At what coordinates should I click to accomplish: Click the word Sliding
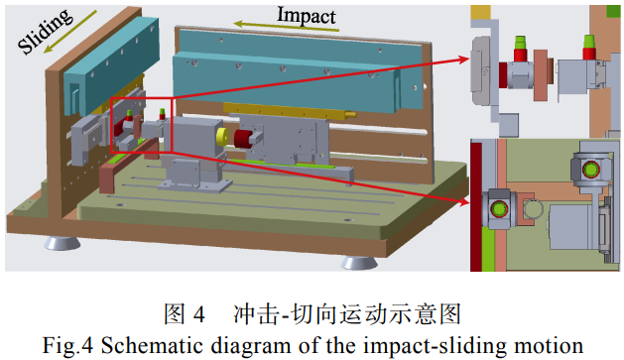tap(46, 31)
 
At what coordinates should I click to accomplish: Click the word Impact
tap(306, 16)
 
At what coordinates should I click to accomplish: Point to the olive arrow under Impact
tap(286, 26)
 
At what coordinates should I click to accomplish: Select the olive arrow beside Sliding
tap(70, 32)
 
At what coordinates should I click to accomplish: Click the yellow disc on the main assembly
tap(222, 137)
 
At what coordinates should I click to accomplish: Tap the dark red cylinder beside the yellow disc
tap(244, 139)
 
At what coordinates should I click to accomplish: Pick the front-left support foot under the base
tap(62, 243)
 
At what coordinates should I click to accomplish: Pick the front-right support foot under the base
tap(359, 263)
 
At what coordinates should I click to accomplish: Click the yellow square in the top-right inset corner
tap(480, 12)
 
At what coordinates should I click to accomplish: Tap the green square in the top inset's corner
tap(613, 11)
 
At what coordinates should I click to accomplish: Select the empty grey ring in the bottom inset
tap(534, 208)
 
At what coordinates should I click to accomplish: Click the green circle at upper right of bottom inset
tap(591, 170)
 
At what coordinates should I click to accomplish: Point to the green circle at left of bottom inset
tap(499, 209)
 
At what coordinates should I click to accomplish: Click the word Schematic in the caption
tap(152, 345)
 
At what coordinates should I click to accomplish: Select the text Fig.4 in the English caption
tap(67, 345)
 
